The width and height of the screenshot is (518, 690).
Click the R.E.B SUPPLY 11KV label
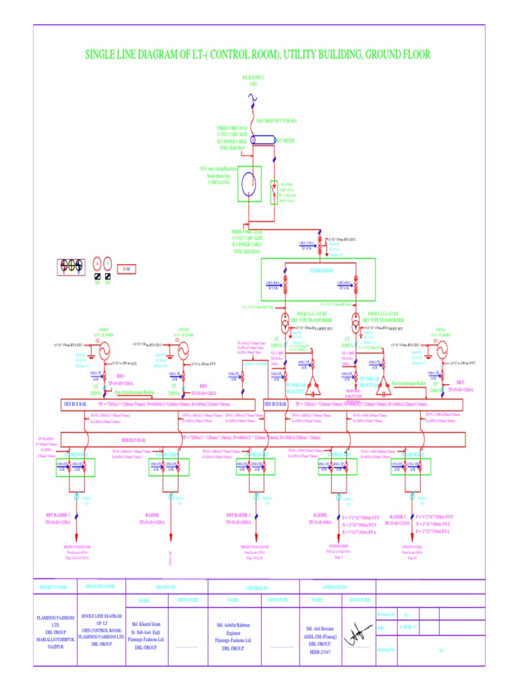point(254,80)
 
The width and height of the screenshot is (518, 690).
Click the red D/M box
point(126,269)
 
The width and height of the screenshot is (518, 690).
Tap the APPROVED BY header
point(335,588)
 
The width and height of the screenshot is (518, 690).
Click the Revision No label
point(386,615)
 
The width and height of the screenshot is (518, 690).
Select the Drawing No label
point(386,651)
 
